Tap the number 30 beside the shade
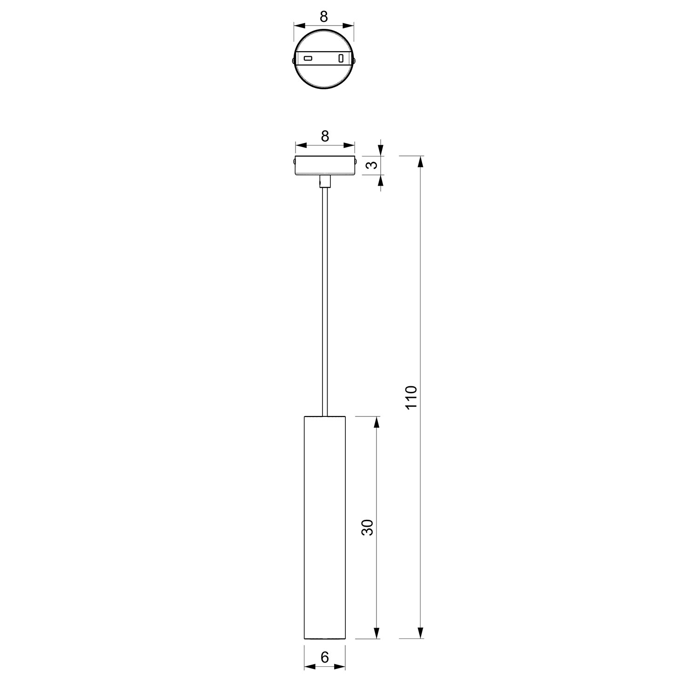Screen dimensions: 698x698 [368, 527]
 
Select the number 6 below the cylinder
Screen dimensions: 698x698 [325, 658]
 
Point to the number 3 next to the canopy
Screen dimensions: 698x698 [371, 166]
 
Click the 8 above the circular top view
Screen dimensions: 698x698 [324, 17]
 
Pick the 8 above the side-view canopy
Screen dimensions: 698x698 [325, 136]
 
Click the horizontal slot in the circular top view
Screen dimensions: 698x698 [308, 58]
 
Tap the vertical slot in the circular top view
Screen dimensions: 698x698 [341, 58]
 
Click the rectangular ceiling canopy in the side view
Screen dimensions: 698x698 [325, 166]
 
